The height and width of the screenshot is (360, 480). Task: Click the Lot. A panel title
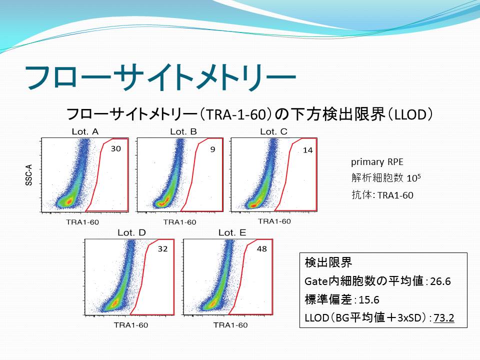(x=85, y=131)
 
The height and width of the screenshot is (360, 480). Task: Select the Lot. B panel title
(x=183, y=131)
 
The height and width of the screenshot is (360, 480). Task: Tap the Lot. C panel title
(x=273, y=131)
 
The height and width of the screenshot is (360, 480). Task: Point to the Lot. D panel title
(x=131, y=232)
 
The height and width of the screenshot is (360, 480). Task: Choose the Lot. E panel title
(x=232, y=232)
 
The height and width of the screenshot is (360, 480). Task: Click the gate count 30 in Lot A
(x=115, y=149)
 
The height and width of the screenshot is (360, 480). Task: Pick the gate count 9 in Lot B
(x=213, y=149)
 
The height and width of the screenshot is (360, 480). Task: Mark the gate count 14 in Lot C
(x=307, y=150)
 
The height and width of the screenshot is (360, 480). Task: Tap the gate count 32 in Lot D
(x=162, y=248)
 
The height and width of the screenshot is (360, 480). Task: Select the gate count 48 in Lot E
(x=261, y=248)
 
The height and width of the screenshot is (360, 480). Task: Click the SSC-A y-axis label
(x=29, y=175)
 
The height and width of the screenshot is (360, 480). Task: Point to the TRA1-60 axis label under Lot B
(x=179, y=222)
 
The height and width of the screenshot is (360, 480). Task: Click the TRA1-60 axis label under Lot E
(x=230, y=325)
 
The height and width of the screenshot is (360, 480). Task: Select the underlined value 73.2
(x=444, y=318)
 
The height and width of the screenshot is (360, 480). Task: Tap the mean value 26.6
(x=440, y=281)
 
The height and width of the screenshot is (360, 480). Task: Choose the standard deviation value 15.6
(x=369, y=299)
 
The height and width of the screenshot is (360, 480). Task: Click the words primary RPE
(x=377, y=162)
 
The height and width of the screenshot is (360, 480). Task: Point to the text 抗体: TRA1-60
(x=382, y=195)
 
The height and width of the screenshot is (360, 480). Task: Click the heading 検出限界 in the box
(x=328, y=262)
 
